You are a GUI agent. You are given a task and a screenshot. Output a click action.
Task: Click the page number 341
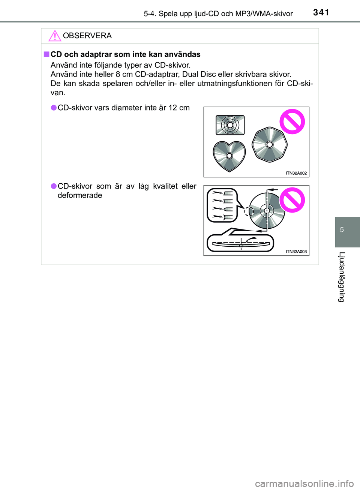[x=321, y=12]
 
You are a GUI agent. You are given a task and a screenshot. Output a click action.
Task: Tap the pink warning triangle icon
[x=55, y=36]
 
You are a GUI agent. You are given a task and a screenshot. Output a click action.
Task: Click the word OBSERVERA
[x=87, y=36]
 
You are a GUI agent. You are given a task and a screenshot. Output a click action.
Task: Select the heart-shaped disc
[x=229, y=156]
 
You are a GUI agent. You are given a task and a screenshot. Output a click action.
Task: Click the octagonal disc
[x=270, y=145]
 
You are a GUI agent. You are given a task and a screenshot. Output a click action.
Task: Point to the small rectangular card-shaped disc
[x=230, y=125]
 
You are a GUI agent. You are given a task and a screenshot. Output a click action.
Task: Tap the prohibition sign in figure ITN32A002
[x=292, y=121]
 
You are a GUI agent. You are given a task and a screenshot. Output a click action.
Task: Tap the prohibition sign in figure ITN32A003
[x=292, y=200]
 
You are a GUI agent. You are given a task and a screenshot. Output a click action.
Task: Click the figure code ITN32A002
[x=296, y=173]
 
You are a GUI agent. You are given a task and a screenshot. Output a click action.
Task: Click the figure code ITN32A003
[x=296, y=252]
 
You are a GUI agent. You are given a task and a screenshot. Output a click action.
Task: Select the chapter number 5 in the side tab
[x=342, y=230]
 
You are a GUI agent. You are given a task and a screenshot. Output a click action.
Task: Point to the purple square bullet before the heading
[x=46, y=54]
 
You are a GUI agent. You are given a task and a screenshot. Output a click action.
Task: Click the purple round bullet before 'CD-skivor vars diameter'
[x=54, y=108]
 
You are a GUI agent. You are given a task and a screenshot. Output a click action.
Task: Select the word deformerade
[x=80, y=195]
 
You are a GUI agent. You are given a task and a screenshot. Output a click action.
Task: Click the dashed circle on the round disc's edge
[x=249, y=211]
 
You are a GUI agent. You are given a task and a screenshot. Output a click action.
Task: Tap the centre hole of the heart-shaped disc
[x=229, y=156]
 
